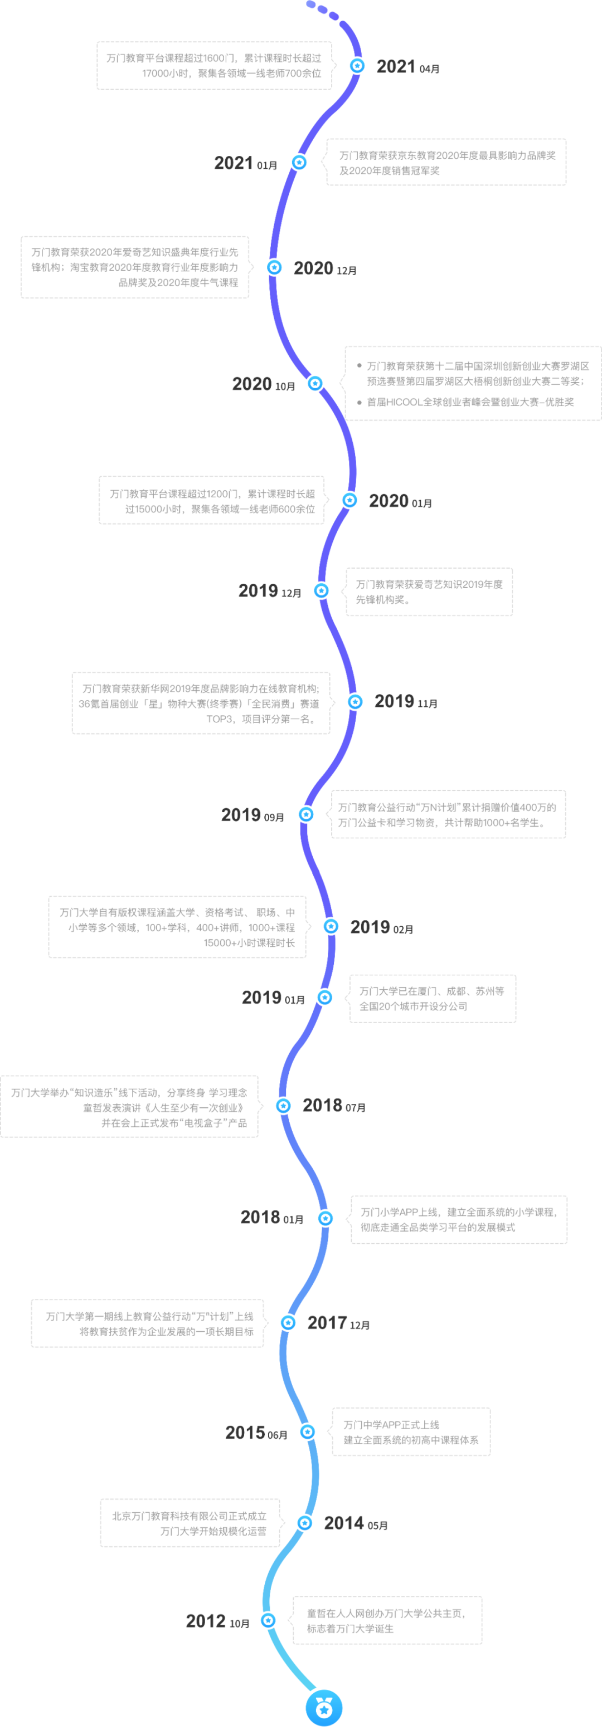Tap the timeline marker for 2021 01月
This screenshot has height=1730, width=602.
click(x=299, y=162)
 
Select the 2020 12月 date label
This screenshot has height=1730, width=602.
click(x=324, y=268)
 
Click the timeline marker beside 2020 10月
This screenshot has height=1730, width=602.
click(x=315, y=383)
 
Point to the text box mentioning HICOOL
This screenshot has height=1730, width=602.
click(x=472, y=383)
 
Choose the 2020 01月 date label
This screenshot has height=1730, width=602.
click(x=400, y=501)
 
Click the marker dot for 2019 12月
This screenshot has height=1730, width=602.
click(x=322, y=590)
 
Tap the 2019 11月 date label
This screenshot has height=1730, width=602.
click(x=405, y=702)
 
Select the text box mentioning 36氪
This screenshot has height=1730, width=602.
click(x=201, y=703)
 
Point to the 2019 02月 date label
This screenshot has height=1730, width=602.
click(x=381, y=927)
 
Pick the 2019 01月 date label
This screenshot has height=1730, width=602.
click(x=273, y=998)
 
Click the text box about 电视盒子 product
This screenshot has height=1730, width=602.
click(x=130, y=1107)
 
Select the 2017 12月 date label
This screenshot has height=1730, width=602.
click(x=338, y=1323)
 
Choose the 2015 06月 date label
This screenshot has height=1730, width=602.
click(x=256, y=1433)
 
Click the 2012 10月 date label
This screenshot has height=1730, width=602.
click(x=217, y=1621)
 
